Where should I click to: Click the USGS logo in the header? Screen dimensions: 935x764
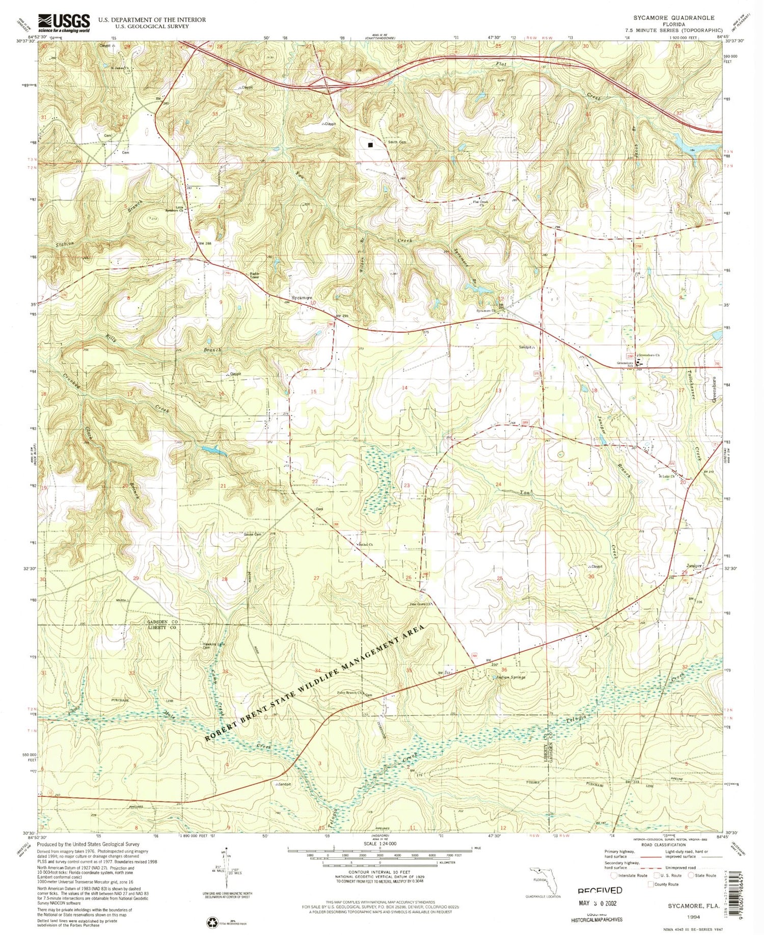[64, 23]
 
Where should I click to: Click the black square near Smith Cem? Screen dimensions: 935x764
[370, 144]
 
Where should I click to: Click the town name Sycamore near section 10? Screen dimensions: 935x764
[301, 297]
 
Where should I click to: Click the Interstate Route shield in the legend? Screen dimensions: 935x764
[614, 875]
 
